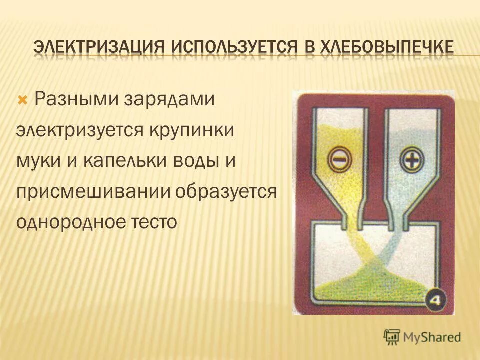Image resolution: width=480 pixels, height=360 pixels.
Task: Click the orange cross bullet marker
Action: (22, 100)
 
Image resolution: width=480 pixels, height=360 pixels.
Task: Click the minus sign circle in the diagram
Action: (340, 160)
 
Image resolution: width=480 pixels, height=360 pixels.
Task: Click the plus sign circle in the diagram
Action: (411, 160)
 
